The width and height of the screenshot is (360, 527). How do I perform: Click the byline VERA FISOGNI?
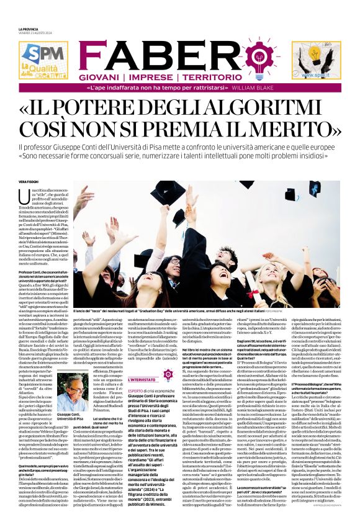[x=29, y=181]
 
